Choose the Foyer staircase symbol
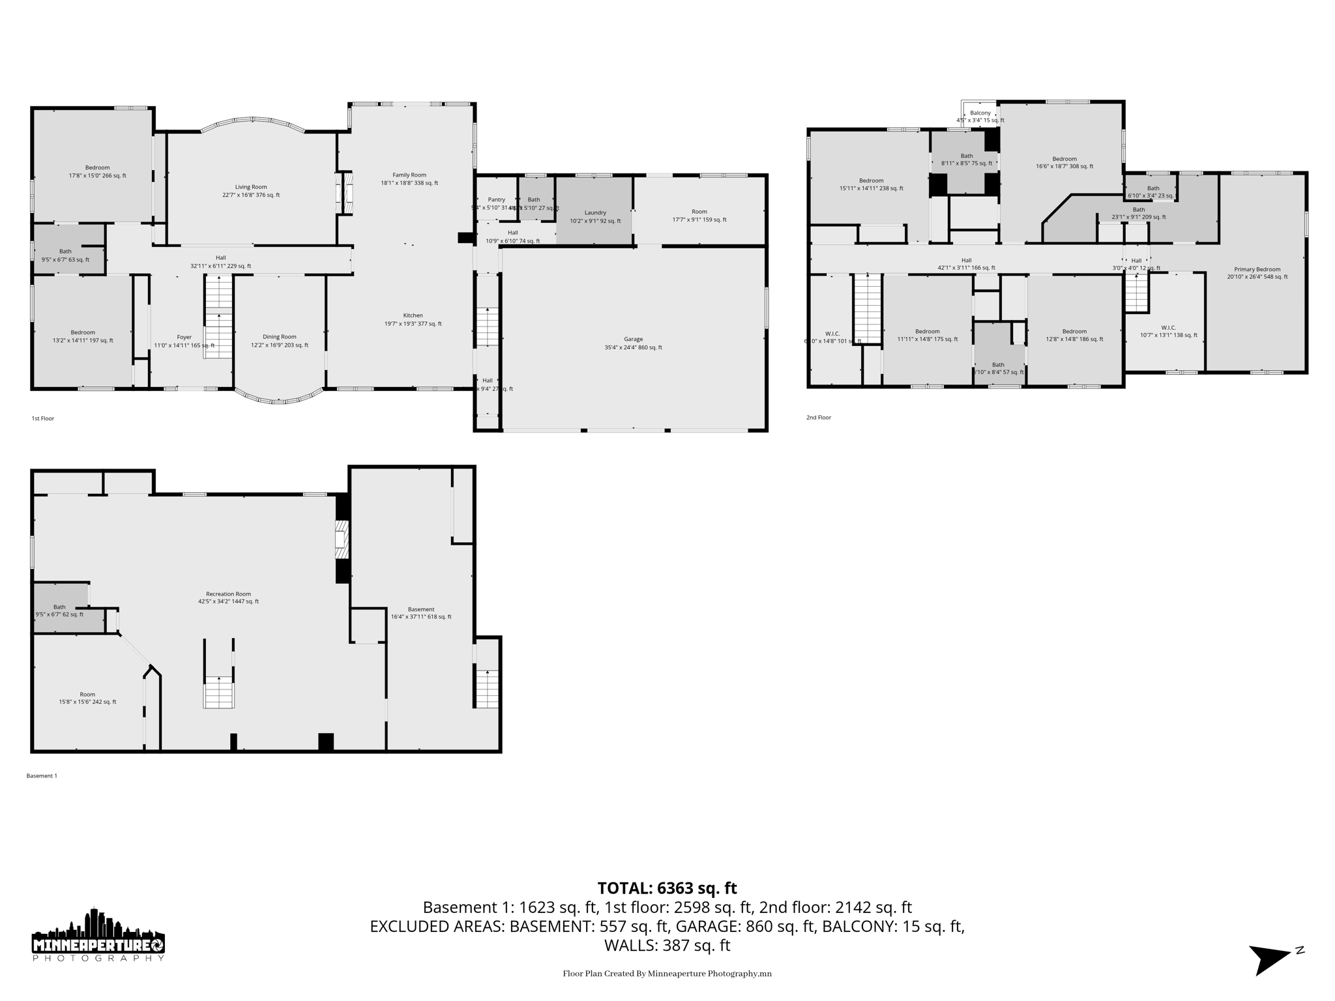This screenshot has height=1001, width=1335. (219, 316)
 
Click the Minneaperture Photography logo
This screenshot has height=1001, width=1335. (98, 935)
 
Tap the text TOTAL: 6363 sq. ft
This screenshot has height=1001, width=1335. (667, 888)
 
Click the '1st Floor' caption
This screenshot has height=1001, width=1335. (43, 418)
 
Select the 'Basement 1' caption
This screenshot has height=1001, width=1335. (42, 776)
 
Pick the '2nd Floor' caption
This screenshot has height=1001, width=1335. (819, 417)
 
